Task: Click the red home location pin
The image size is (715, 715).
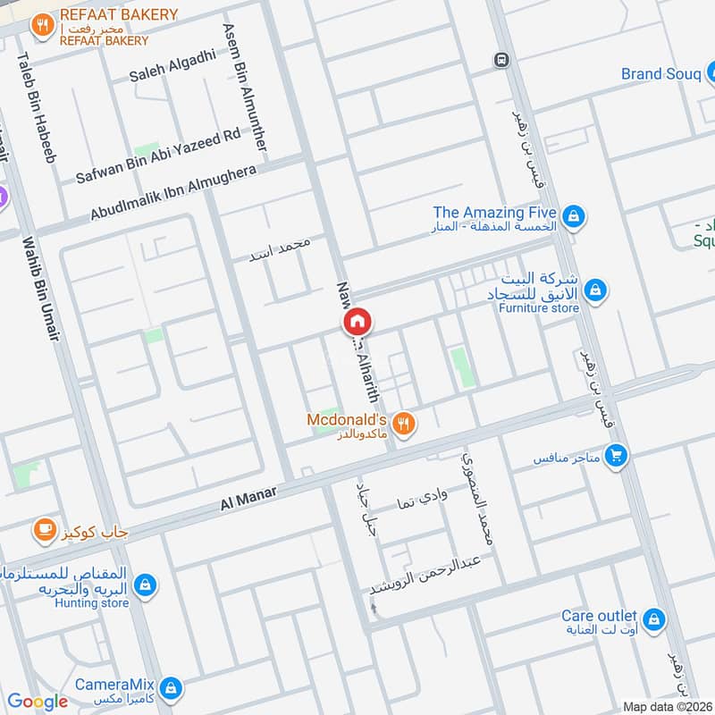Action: pyautogui.click(x=357, y=321)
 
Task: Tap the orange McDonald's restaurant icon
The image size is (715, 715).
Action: pyautogui.click(x=405, y=423)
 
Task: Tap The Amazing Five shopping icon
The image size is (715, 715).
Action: pyautogui.click(x=574, y=215)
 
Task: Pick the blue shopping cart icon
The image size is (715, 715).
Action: pyautogui.click(x=615, y=457)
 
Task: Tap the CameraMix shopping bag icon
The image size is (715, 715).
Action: pyautogui.click(x=172, y=688)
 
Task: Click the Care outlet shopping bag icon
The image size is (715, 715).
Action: pyautogui.click(x=654, y=618)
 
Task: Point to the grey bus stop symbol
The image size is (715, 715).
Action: pyautogui.click(x=501, y=60)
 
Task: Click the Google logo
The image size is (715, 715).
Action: pyautogui.click(x=37, y=702)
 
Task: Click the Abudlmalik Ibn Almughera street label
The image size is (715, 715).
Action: pyautogui.click(x=174, y=193)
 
